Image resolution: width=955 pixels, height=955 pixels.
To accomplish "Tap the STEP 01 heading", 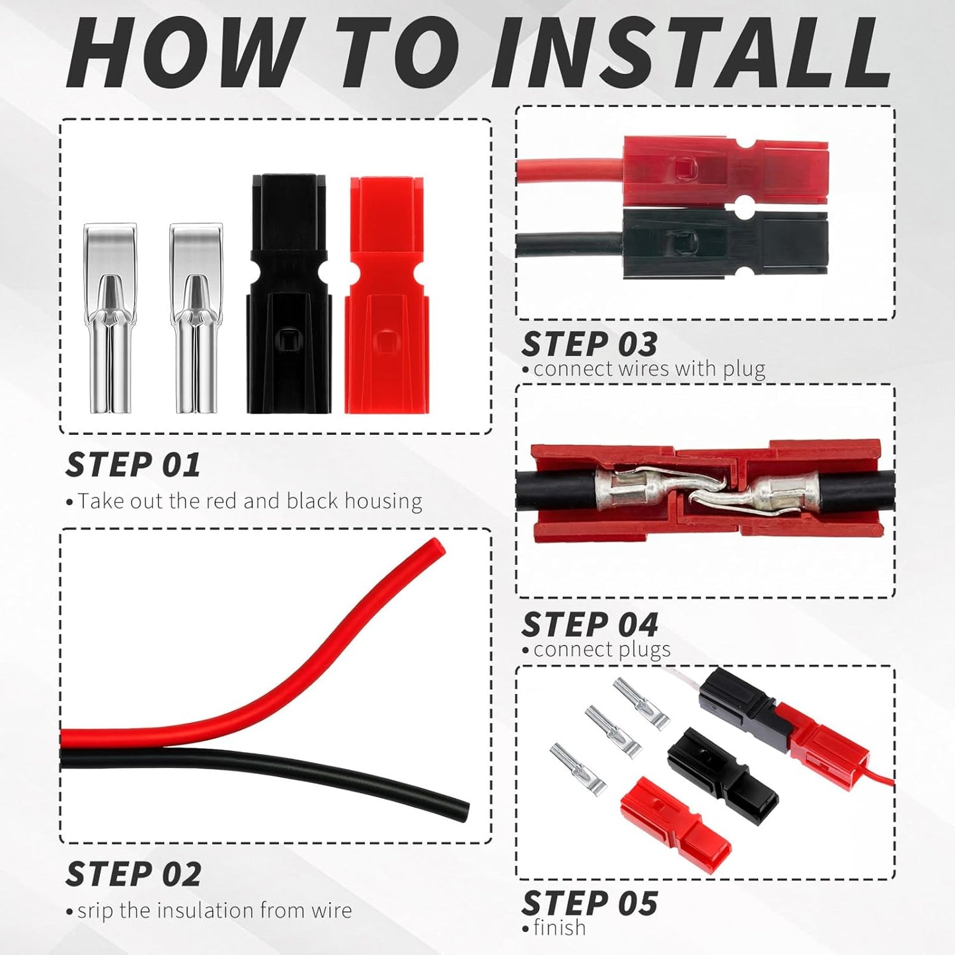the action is [133, 465].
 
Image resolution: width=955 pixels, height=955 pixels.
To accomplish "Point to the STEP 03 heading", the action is [590, 344].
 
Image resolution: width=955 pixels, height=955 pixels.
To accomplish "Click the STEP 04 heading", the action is [590, 624].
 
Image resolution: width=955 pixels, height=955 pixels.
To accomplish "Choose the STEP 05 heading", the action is [590, 903].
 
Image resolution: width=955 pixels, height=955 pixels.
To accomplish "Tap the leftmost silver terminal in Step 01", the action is [110, 318].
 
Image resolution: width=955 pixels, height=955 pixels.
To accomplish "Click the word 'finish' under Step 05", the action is [560, 927].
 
